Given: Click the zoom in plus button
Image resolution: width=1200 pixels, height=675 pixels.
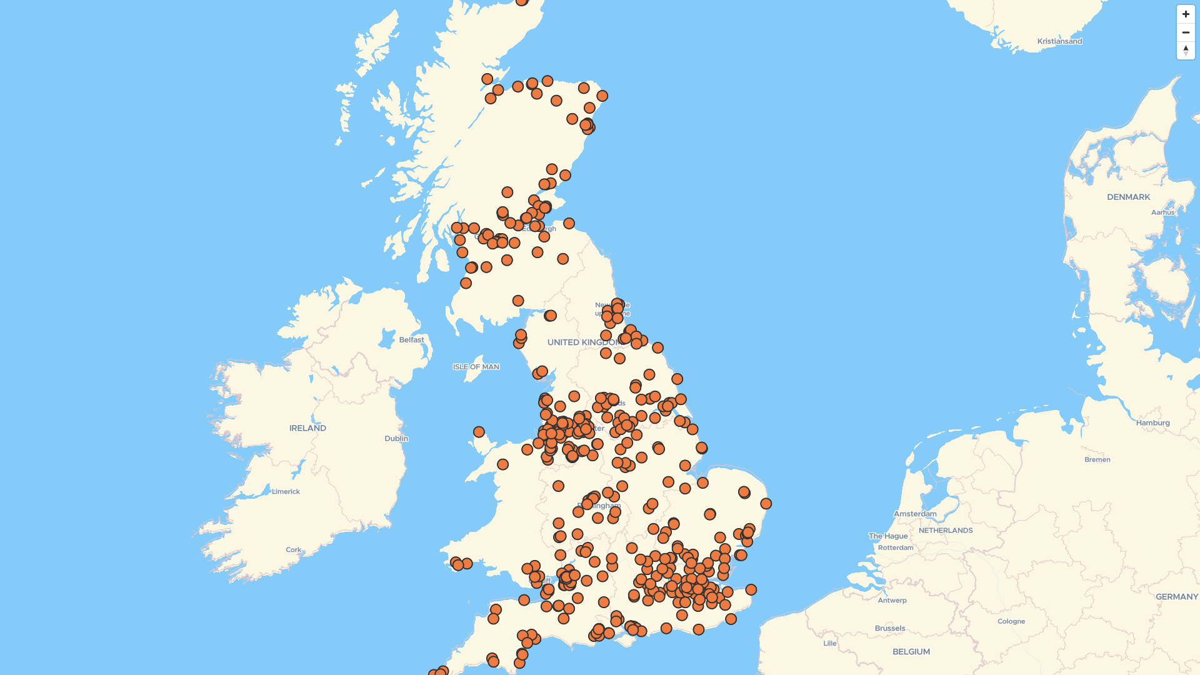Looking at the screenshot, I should point(1186,14).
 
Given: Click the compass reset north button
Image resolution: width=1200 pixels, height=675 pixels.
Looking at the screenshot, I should point(1186,51).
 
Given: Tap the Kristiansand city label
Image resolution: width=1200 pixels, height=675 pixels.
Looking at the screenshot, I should point(1059,41).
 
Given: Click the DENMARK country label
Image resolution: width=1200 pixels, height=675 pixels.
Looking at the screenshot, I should point(1128,197).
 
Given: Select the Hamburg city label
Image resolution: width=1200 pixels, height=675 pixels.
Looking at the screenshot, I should point(1152,423).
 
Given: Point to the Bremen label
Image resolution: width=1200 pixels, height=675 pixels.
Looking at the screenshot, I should point(1097,459).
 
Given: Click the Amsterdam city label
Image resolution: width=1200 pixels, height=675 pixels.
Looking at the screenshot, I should point(915,514).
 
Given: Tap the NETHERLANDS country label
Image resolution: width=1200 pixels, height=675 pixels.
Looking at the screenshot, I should point(945,531).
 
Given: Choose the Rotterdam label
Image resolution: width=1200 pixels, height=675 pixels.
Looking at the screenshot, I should point(895,548).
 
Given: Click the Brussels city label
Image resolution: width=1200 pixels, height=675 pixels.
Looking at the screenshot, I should point(889,628).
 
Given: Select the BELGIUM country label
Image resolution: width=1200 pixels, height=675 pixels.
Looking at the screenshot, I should point(911,652).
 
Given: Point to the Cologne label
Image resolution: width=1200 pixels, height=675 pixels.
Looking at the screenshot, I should point(1011,621).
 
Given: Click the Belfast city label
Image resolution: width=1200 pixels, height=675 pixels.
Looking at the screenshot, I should point(411,340).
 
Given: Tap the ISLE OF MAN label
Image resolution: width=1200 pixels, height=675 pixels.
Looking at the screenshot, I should point(476,367).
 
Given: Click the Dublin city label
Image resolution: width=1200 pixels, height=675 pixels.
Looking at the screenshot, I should point(396,439).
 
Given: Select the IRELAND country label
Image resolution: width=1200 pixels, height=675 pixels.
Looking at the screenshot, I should point(307,428).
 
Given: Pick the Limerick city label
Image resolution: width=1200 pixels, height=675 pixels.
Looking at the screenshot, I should point(286,492).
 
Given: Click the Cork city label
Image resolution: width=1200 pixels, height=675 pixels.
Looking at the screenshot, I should point(293,550).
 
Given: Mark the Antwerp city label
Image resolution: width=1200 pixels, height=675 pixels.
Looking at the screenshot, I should point(892,601).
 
